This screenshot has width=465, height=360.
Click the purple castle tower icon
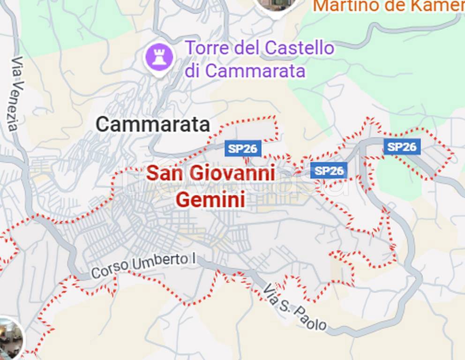tap(159, 58)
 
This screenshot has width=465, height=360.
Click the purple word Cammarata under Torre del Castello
tap(255, 71)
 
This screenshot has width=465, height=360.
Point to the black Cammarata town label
tap(153, 125)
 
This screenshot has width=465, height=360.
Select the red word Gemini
tap(210, 200)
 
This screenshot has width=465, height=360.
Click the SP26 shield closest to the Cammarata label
tap(243, 149)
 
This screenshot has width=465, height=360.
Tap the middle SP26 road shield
tap(329, 171)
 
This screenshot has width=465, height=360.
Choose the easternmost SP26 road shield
tap(402, 147)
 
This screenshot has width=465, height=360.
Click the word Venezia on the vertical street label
tap(14, 106)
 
